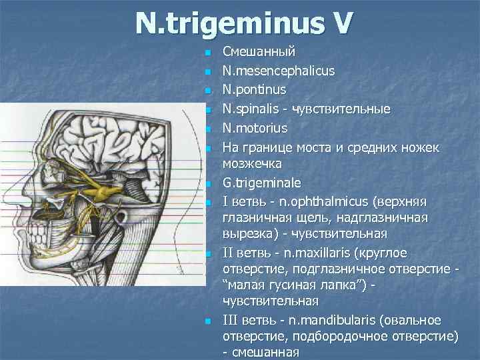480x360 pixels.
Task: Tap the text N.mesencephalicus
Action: [279, 71]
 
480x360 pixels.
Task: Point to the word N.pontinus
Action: [255, 89]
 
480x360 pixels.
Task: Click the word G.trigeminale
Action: [261, 183]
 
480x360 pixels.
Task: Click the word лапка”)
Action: [339, 286]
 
